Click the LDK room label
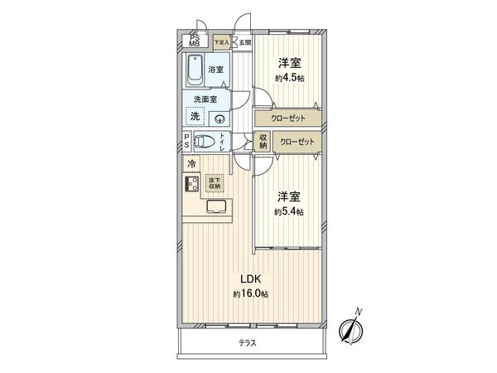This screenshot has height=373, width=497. [249, 280]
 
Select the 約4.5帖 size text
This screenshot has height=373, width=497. [288, 78]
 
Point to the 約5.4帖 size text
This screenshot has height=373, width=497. [288, 212]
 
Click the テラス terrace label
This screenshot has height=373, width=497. [248, 342]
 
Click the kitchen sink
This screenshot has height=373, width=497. [217, 207]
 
